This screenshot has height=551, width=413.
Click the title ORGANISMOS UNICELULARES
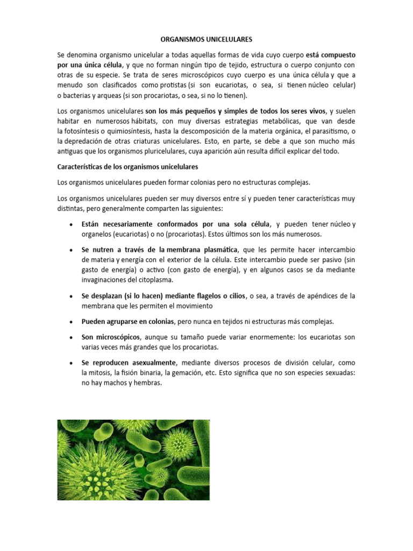[x=206, y=39]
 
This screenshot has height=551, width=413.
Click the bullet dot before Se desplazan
[x=72, y=296]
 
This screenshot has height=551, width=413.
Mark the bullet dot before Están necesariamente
[x=72, y=224]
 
